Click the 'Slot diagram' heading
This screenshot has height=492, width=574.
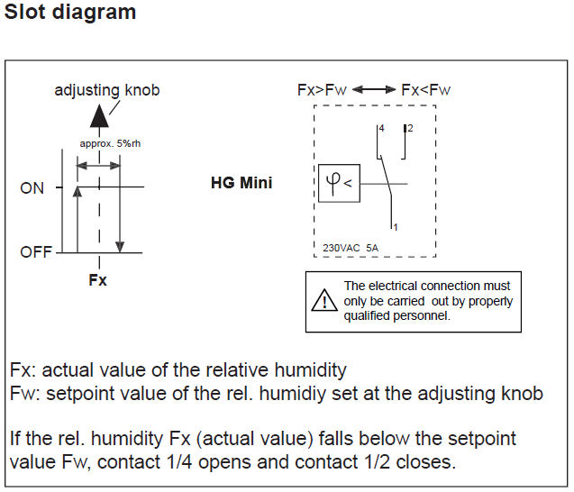pos(70,13)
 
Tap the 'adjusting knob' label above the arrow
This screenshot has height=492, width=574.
pos(107,90)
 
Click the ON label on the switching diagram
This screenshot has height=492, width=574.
pos(32,188)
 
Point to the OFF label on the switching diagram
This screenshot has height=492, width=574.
pos(36,252)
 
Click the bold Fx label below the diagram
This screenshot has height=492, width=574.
pos(98,280)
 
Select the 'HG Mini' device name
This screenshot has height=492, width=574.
pos(241,183)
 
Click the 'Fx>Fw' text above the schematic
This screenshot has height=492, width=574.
pos(322,90)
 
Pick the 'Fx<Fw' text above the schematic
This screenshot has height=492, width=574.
pos(425,90)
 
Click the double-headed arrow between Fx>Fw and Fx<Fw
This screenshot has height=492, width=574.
pos(374,90)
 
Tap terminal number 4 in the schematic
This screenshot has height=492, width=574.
pos(382,130)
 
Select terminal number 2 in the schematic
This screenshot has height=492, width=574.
pos(410,130)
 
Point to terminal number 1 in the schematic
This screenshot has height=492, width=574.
pos(395,226)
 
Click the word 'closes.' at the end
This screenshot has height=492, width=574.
pos(427,462)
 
